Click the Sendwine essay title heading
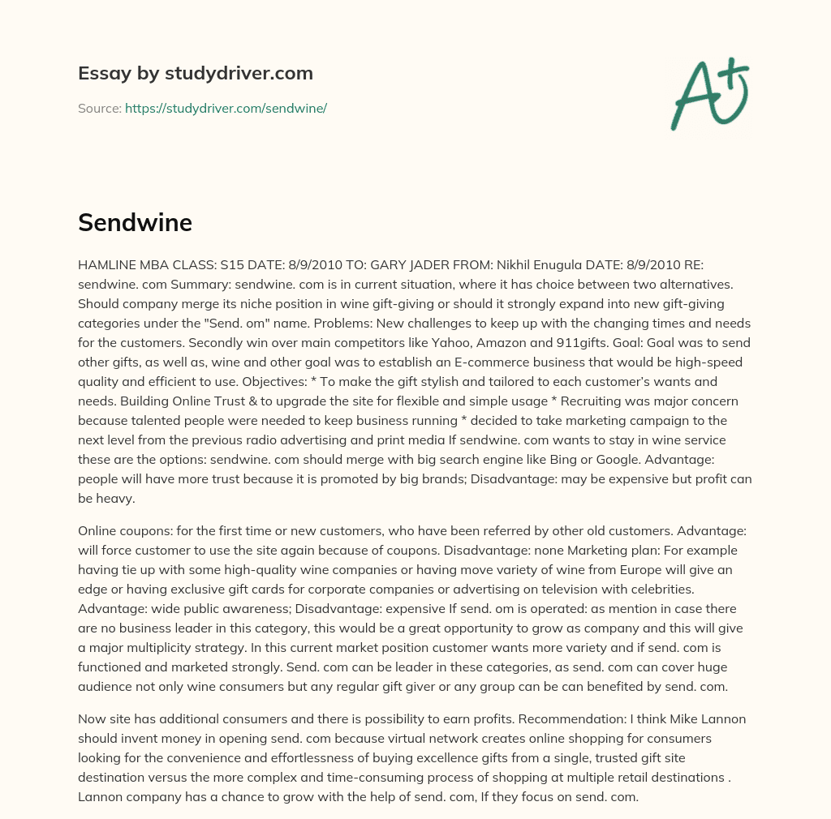pyautogui.click(x=135, y=223)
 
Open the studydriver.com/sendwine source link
pyautogui.click(x=226, y=108)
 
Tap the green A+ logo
pyautogui.click(x=709, y=93)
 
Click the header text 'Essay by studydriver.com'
pyautogui.click(x=196, y=73)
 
